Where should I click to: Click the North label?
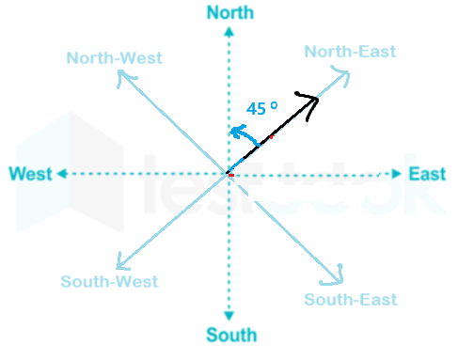pos(230,13)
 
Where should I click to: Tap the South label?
pos(231,335)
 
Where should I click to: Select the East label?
pos(427,174)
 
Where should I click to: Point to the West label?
pos(30,174)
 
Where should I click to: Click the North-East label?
pos(350,52)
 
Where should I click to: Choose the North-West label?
pos(115,58)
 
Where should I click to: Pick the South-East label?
pos(351,299)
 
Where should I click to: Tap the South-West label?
pos(109,281)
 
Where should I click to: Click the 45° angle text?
pos(261,108)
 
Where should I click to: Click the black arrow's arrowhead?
pos(310,102)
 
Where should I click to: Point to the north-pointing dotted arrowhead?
pos(229,32)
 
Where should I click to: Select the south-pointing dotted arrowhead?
pos(229,316)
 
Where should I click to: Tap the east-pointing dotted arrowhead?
pos(397,174)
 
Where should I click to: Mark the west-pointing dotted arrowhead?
pos(62,174)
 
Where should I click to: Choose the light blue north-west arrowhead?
pos(124,77)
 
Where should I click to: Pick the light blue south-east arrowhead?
pos(335,277)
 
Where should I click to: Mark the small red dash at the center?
pos(231,176)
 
